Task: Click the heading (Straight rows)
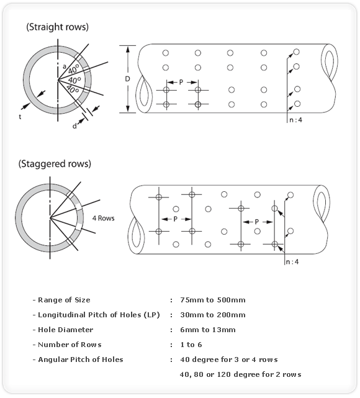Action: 57,27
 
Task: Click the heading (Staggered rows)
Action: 55,164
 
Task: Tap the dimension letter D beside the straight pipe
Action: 127,79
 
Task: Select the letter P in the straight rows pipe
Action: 181,82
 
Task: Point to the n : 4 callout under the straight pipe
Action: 296,120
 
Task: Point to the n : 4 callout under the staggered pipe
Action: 292,261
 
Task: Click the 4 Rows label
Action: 103,218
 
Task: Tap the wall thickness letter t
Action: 20,117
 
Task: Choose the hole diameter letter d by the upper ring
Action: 74,126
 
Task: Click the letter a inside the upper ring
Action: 65,66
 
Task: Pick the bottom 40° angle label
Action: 73,89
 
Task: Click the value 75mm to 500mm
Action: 213,300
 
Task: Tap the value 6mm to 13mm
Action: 208,330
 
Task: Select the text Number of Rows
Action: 70,345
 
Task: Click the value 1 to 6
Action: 191,345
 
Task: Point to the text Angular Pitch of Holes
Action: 81,360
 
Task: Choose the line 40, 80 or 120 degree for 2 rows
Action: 240,374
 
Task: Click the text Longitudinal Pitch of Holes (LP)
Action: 99,315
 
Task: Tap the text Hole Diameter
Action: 65,330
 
